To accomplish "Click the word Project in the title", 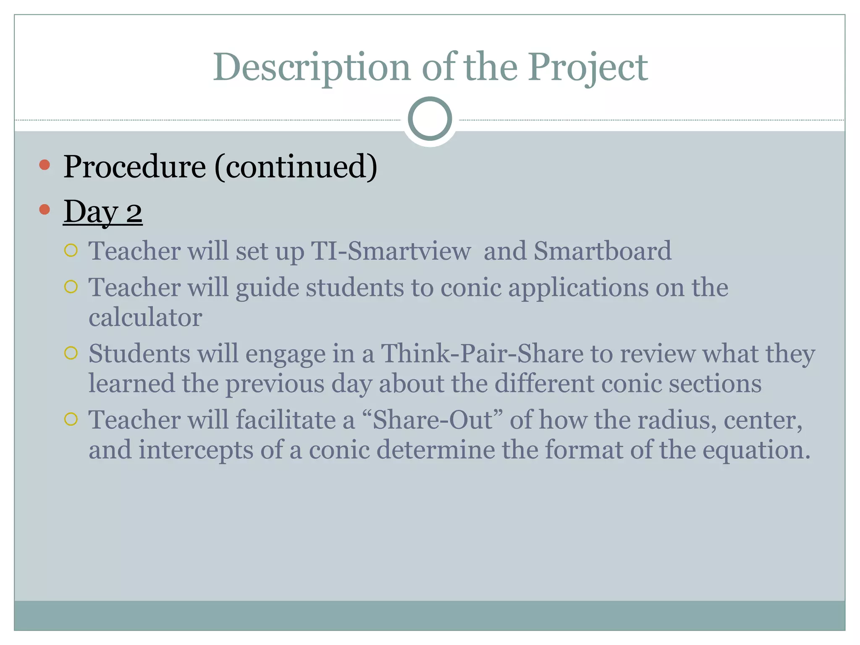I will tap(587, 67).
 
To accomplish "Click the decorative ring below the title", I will tap(430, 118).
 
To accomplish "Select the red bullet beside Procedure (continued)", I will tap(45, 165).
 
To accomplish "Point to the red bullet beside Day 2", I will tap(45, 209).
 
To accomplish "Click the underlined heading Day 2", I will tap(102, 212).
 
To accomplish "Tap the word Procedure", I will tap(134, 167).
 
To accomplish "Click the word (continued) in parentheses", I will tap(296, 167).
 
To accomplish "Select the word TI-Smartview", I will tap(391, 251).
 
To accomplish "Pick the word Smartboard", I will tap(602, 251).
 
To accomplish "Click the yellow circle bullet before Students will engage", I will tap(71, 353).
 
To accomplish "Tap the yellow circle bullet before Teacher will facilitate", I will tap(71, 419).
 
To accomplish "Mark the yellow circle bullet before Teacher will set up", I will tap(71, 251).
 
